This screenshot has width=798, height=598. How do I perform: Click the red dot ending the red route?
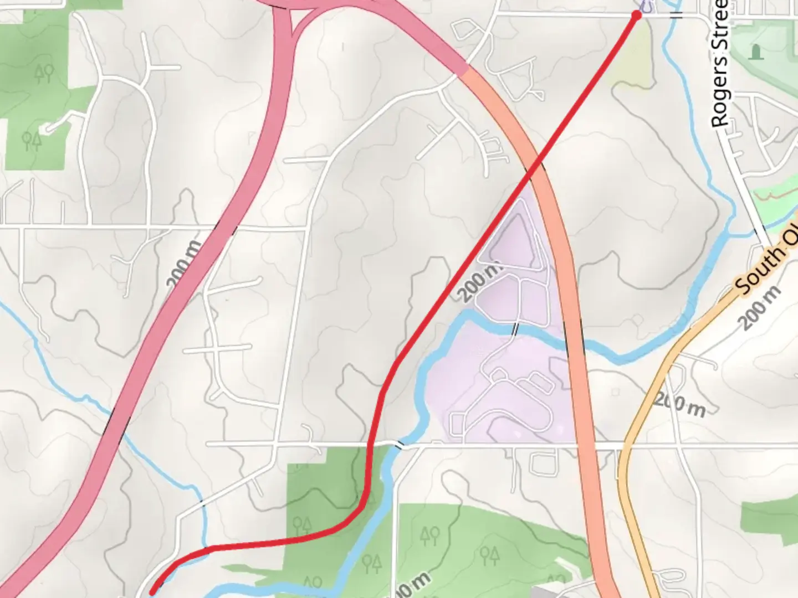tap(636, 16)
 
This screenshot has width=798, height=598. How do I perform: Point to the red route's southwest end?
tap(153, 593)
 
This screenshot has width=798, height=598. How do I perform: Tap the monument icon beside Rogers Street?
tap(754, 52)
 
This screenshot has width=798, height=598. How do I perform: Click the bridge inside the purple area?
tap(515, 328)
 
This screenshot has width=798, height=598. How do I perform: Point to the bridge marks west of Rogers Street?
tap(676, 13)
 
